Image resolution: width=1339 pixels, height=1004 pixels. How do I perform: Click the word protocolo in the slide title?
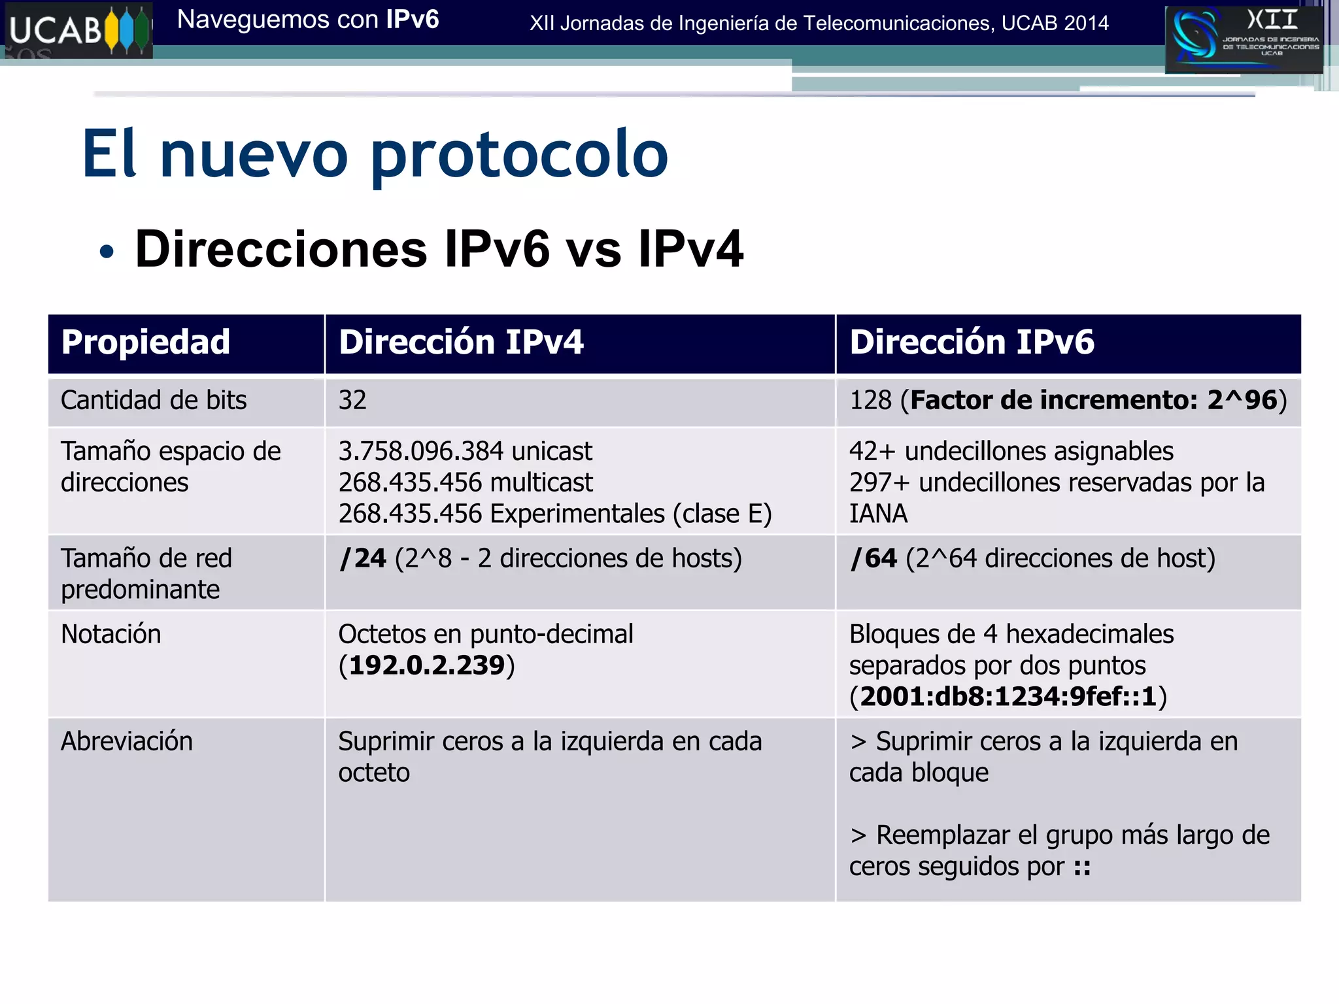[x=520, y=156]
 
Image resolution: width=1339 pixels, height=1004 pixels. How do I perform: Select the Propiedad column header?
[x=145, y=343]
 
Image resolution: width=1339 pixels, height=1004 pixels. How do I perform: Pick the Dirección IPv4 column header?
[x=461, y=343]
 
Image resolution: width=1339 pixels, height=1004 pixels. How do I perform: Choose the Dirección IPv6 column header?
[x=972, y=343]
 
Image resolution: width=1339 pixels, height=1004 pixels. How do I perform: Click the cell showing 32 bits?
[x=352, y=400]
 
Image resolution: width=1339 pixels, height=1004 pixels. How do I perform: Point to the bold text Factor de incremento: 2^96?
[x=1093, y=400]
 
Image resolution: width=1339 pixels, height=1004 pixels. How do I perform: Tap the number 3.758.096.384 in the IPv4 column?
[x=421, y=451]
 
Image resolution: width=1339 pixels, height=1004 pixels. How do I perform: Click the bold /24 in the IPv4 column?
[x=363, y=558]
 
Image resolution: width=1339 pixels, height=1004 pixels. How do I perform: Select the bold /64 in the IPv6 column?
[x=873, y=558]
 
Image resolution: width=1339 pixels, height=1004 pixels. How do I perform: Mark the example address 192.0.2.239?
[x=427, y=665]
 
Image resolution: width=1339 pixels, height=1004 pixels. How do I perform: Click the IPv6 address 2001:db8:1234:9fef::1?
[x=1008, y=697]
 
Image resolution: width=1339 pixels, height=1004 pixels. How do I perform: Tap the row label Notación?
[x=110, y=634]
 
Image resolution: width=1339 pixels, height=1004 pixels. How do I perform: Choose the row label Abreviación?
[x=127, y=741]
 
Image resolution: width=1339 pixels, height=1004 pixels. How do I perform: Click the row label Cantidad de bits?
[x=154, y=400]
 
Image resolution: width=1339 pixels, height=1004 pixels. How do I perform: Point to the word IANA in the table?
[x=878, y=514]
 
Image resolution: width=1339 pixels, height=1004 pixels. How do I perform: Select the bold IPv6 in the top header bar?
[x=412, y=20]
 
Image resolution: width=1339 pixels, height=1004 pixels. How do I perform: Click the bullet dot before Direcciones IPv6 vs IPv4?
[x=107, y=252]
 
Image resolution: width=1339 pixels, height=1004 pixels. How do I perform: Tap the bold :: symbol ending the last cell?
[x=1082, y=867]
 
